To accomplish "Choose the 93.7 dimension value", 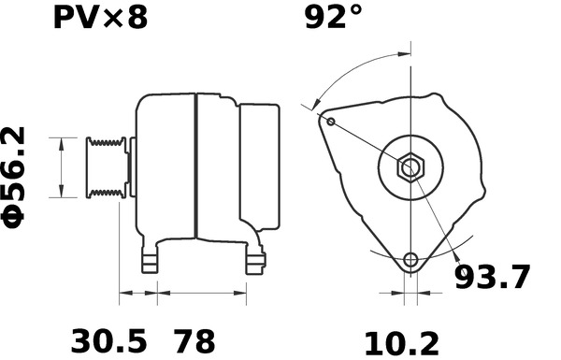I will (x=492, y=278).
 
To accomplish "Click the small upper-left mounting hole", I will (x=331, y=121).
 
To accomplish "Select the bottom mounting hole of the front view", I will (x=410, y=260).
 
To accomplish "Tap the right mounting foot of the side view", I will (x=254, y=260).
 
